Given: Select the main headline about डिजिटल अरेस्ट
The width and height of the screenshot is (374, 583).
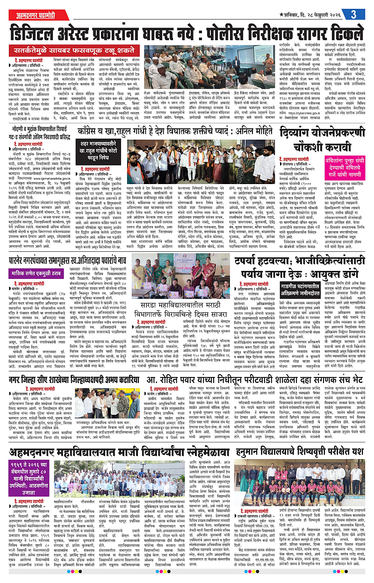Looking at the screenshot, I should (x=187, y=33).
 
